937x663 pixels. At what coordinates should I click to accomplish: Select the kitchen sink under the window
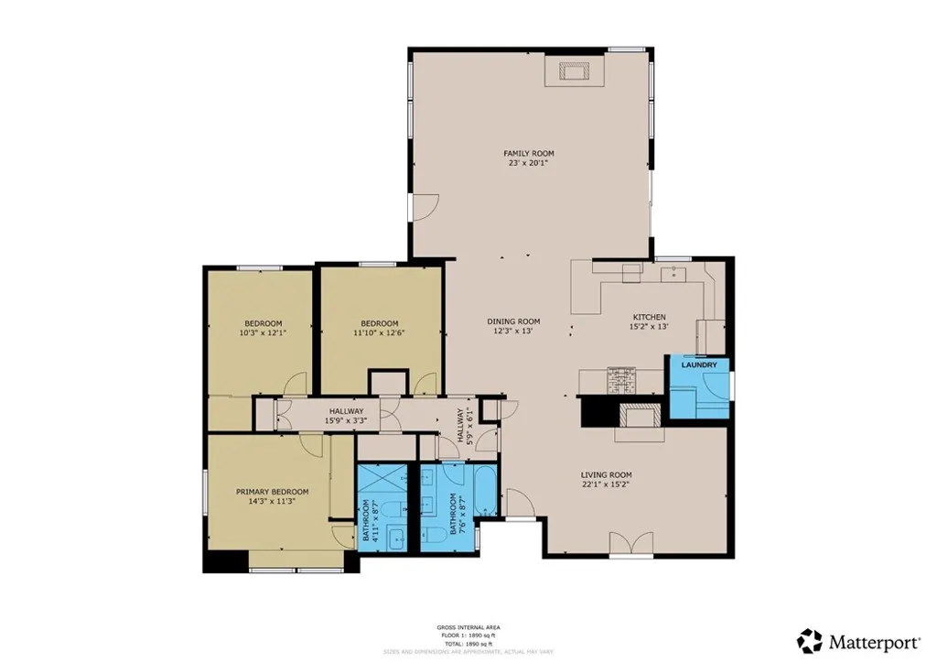(x=677, y=272)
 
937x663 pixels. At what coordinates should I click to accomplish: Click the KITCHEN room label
(x=648, y=317)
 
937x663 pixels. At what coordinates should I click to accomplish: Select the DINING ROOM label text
(x=513, y=321)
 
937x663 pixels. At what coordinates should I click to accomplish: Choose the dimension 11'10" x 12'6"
(x=379, y=332)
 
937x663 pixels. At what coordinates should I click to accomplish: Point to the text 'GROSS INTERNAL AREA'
(x=468, y=627)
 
